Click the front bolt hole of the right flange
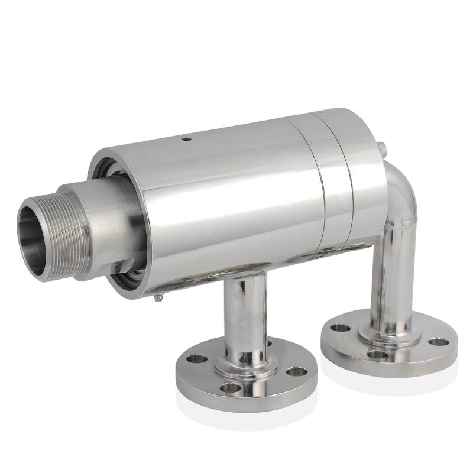tap(375, 354)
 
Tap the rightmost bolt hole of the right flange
tap(437, 341)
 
